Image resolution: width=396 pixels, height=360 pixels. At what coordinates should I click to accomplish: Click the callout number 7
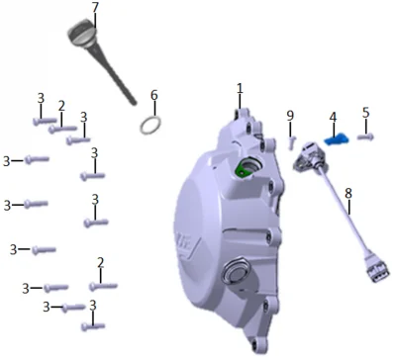click(x=95, y=8)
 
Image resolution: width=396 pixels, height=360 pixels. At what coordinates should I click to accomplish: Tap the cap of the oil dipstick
click(x=82, y=34)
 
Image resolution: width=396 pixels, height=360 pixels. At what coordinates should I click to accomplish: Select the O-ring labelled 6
click(x=150, y=125)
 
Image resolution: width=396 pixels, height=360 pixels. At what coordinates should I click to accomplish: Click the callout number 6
click(x=154, y=95)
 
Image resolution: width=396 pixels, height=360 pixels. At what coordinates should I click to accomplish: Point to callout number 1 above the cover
click(x=240, y=88)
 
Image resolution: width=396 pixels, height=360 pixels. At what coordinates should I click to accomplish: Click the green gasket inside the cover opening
click(x=241, y=170)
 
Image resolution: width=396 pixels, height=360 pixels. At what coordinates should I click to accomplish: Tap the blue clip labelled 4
click(x=336, y=139)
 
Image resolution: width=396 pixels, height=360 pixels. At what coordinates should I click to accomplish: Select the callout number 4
click(x=333, y=117)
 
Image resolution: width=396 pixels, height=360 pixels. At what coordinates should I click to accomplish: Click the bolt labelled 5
click(x=365, y=136)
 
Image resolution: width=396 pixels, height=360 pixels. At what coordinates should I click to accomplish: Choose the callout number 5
click(x=366, y=113)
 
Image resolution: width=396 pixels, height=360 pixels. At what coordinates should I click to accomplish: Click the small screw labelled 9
click(x=291, y=142)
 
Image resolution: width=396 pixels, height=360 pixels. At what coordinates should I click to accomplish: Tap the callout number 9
click(x=290, y=116)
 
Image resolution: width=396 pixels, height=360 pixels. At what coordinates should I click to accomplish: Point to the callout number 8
click(x=348, y=194)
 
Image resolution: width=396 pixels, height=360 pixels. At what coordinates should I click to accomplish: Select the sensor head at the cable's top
click(x=307, y=157)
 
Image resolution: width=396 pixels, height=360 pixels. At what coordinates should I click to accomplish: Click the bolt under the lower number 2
click(x=103, y=286)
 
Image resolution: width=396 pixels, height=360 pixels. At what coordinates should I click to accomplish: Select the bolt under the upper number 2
click(x=62, y=129)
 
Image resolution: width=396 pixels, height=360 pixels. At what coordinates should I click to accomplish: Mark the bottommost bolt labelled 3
click(x=93, y=326)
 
